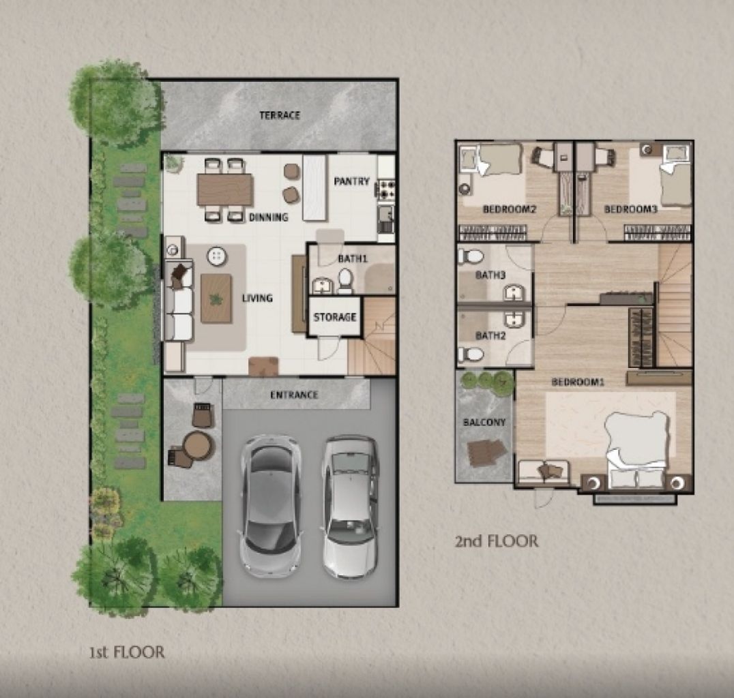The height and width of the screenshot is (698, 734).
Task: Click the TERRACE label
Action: point(280,115)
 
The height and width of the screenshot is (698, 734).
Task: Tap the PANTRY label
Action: point(351,181)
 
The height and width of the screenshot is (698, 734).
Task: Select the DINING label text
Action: point(268,217)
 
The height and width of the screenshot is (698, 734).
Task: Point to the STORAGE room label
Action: point(334,317)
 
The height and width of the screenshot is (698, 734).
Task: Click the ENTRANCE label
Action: point(294,395)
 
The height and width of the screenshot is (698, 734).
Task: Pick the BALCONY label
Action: point(484,423)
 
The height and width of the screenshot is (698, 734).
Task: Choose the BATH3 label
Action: point(490,275)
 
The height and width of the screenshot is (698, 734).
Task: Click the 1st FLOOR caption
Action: point(127,652)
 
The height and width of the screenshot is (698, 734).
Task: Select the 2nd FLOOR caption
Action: point(496,542)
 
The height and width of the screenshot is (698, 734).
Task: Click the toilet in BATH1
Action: point(345,280)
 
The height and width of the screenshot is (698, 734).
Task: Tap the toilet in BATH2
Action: point(471,354)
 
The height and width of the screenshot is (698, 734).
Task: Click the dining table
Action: point(225,189)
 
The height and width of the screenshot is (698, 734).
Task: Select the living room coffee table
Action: point(216,298)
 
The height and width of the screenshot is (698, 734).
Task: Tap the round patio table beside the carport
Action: point(197,445)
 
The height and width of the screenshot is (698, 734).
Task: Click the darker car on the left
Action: point(271,496)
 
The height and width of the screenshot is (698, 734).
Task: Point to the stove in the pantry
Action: point(386,187)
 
